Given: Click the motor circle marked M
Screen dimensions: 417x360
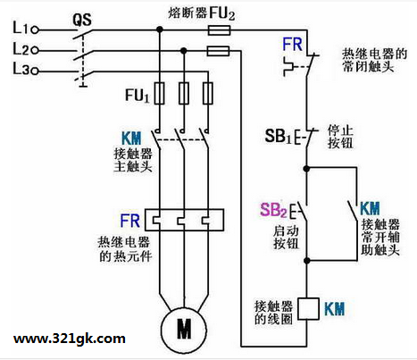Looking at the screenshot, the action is pos(184,329).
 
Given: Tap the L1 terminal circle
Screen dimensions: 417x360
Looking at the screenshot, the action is pos(35,29).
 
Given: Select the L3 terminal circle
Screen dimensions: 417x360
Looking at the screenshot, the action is pos(35,71).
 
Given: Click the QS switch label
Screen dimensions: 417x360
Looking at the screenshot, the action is pos(82,20).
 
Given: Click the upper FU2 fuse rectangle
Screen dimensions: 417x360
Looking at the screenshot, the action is pos(219,30).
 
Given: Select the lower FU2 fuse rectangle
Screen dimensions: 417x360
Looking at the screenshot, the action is pos(218,51).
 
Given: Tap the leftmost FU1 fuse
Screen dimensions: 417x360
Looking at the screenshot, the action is pos(160,93).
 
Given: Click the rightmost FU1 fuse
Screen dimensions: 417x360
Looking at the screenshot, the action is pos(208,93).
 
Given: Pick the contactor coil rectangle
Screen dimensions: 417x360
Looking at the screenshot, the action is pos(308,309).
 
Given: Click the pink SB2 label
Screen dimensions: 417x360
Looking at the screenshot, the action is pos(273,210).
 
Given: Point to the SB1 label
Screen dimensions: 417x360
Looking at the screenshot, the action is pos(279,137).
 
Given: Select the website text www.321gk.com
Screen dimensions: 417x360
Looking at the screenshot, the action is pos(70,339).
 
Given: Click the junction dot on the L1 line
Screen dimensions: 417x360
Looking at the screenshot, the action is pos(160,29).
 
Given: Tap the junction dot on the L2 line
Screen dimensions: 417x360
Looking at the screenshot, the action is pos(184,51).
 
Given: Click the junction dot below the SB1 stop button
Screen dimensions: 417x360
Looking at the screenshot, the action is pos(306,169).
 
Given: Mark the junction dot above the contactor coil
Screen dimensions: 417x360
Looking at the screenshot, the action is pos(307,261).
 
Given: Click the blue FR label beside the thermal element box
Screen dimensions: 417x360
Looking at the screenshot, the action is pos(129,221).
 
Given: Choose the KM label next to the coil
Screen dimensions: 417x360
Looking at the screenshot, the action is pos(334,309).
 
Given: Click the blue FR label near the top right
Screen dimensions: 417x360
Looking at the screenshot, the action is pos(292,45).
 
